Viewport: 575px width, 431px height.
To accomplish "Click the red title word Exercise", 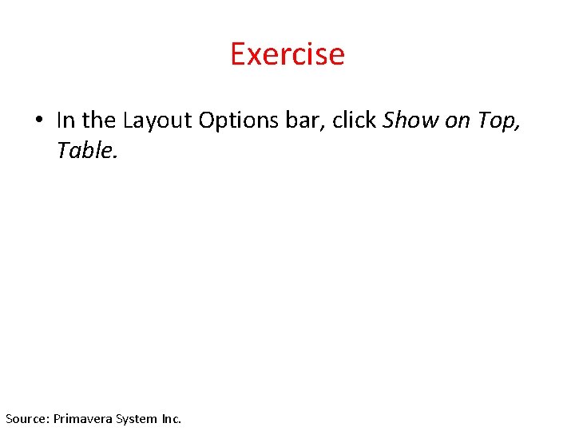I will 287,54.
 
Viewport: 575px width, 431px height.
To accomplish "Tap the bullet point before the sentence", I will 38,121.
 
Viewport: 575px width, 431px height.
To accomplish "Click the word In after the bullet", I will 66,121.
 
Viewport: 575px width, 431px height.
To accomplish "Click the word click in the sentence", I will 354,121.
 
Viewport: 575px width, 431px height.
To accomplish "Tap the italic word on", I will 456,121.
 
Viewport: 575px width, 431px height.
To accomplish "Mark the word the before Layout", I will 99,121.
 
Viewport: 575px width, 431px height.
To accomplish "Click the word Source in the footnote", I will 26,418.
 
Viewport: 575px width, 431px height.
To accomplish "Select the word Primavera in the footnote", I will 84,418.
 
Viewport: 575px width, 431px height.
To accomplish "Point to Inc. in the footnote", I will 171,418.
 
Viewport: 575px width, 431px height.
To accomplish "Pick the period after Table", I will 116,156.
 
